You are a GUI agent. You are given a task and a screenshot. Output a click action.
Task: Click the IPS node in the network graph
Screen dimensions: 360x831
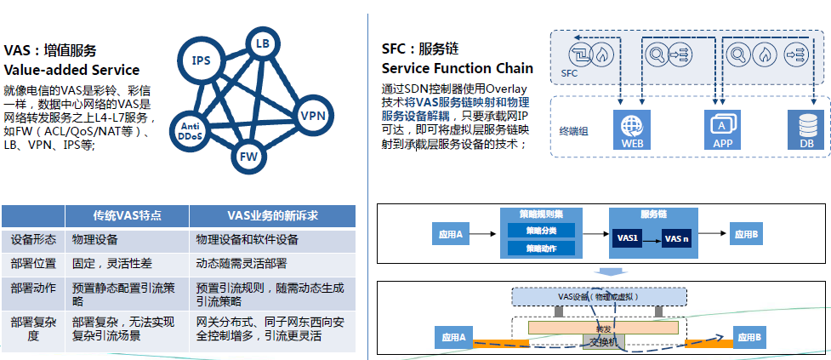coord(202,60)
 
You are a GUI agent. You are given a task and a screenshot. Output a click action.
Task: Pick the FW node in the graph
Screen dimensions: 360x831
coord(248,157)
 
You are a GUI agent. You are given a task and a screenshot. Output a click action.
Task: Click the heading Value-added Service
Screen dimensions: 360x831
coord(71,70)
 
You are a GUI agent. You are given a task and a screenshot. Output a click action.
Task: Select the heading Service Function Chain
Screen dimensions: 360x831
coord(458,68)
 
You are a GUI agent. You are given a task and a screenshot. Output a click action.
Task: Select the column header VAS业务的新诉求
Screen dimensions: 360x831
coord(272,216)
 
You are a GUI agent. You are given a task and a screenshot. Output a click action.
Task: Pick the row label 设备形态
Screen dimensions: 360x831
coord(33,240)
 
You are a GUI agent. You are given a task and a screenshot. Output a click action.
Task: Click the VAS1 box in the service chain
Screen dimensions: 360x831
coord(629,239)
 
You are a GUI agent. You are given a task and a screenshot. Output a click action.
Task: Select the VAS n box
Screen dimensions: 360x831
coord(676,240)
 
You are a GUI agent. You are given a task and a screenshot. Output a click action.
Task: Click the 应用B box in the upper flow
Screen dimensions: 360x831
coord(747,234)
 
